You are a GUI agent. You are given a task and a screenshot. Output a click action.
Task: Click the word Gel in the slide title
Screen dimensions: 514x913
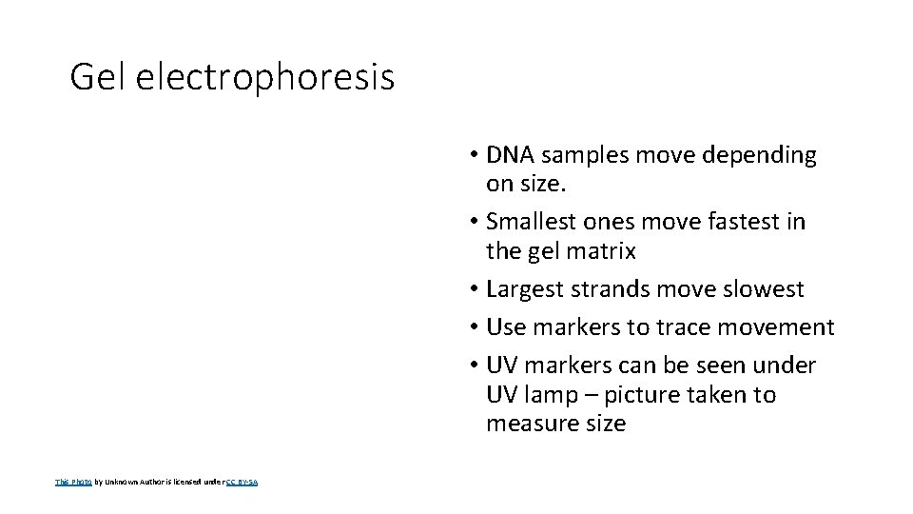pyautogui.click(x=98, y=77)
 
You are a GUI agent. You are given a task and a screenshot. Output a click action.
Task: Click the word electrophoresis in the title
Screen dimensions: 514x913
pyautogui.click(x=264, y=78)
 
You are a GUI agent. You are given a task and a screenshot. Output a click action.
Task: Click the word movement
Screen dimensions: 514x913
pyautogui.click(x=777, y=327)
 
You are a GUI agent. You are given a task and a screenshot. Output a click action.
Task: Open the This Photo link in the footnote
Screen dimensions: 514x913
pyautogui.click(x=73, y=483)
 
